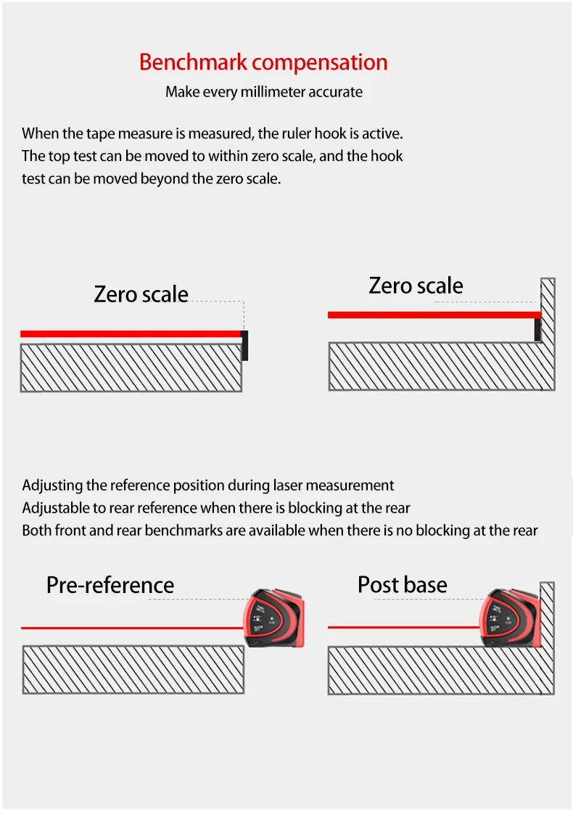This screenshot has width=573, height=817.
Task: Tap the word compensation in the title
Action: click(x=320, y=62)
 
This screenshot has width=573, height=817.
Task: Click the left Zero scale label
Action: click(x=141, y=294)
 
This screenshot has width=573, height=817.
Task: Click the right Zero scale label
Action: click(x=416, y=285)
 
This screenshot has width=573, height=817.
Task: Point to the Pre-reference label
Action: click(x=110, y=584)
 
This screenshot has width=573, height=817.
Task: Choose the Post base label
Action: click(x=402, y=584)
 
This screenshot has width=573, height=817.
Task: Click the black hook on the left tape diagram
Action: click(x=245, y=346)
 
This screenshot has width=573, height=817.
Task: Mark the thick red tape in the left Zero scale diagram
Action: click(x=131, y=333)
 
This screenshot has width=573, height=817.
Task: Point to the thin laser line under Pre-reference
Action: click(x=131, y=628)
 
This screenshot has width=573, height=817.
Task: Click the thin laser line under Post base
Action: click(x=403, y=627)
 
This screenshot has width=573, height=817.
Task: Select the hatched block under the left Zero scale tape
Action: click(x=131, y=368)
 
